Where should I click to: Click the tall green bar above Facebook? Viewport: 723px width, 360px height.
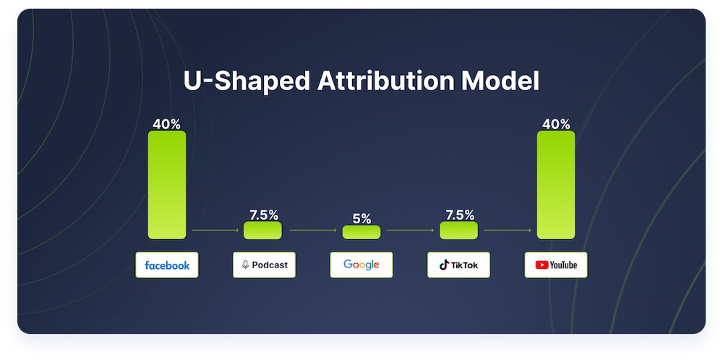[167, 185]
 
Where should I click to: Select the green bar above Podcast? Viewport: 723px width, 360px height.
[263, 231]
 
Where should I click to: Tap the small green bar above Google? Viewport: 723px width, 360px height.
[361, 232]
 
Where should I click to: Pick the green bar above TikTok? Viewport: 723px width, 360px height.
[459, 231]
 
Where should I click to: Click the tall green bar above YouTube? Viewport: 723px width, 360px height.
[556, 185]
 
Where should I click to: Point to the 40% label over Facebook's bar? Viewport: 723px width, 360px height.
[166, 124]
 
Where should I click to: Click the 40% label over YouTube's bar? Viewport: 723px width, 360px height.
[556, 124]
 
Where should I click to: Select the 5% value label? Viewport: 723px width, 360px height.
[362, 219]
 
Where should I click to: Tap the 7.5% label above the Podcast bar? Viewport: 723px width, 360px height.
[264, 215]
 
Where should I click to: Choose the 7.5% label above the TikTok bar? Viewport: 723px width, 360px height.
[460, 215]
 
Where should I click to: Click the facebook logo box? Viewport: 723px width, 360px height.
[167, 265]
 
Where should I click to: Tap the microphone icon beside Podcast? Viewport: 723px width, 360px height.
[245, 265]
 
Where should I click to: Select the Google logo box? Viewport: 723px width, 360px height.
[361, 265]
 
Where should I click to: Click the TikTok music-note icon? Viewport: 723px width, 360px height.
[444, 265]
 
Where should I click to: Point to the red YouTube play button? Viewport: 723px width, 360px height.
[542, 265]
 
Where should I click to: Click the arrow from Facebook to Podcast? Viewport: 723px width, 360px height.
[215, 230]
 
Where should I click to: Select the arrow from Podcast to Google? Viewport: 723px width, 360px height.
[313, 230]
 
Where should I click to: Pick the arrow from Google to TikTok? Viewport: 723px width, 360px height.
[411, 230]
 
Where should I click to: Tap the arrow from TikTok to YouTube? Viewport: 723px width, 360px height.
[508, 230]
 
